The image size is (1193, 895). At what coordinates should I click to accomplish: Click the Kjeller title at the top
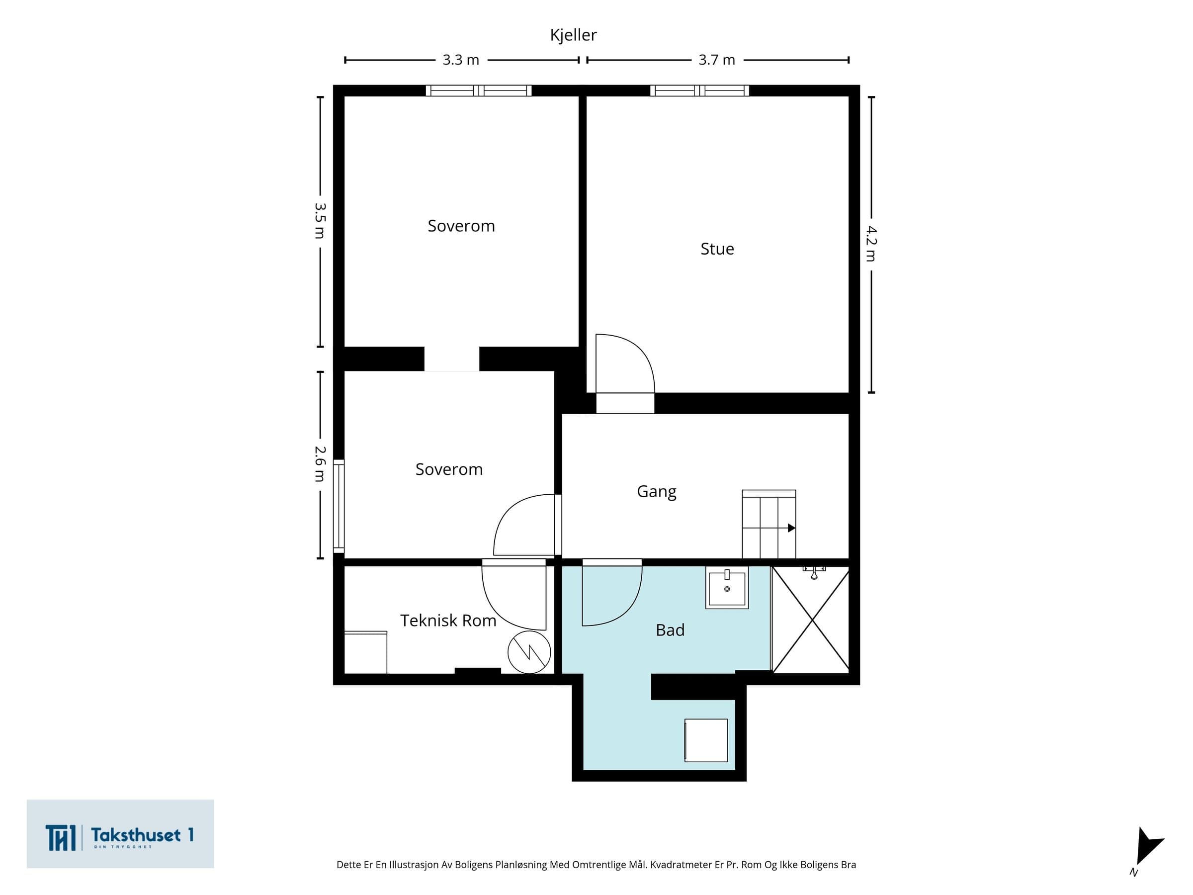(573, 35)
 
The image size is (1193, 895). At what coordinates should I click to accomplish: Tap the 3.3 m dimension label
(461, 60)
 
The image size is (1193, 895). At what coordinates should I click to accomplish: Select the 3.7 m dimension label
(717, 60)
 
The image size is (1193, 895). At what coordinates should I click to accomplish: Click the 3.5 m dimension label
(320, 221)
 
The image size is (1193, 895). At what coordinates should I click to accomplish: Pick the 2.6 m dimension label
(320, 464)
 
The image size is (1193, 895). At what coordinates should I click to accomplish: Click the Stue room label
(717, 249)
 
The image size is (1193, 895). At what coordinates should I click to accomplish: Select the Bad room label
(671, 630)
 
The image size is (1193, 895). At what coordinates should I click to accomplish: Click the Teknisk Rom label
(448, 621)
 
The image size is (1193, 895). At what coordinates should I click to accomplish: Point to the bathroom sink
(727, 588)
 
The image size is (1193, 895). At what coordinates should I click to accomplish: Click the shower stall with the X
(811, 620)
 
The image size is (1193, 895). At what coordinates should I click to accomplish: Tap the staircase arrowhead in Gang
(791, 528)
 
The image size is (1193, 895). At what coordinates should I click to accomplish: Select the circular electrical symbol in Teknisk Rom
(529, 652)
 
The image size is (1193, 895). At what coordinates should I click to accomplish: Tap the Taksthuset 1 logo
(120, 834)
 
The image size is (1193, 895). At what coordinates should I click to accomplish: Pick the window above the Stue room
(699, 90)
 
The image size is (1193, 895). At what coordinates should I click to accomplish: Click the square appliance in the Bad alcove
(706, 740)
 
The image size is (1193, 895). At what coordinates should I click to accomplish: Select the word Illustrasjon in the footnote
(414, 865)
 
